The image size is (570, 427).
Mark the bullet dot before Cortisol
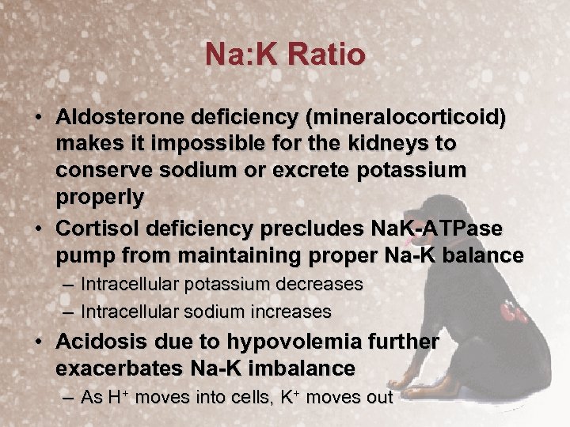click(x=38, y=229)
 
